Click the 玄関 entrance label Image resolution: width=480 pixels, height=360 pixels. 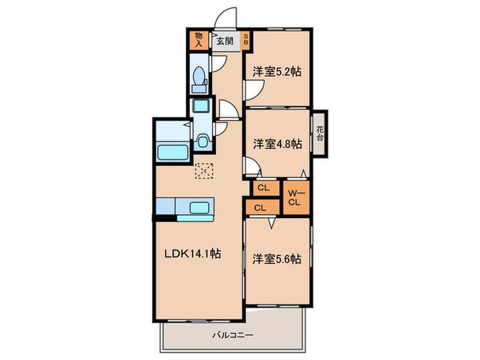225,40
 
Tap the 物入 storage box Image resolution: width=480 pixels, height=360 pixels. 199,40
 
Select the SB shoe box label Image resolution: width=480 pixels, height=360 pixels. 245,40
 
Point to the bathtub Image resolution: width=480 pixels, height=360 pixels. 172,152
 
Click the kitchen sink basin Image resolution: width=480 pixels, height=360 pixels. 200,208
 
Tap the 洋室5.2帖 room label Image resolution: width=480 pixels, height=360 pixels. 277,72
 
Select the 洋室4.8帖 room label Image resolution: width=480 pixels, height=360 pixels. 278,143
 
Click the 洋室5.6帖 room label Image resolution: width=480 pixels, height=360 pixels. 277,259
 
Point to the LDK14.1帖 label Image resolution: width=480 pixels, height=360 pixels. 193,253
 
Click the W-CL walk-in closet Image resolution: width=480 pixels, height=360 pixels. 296,197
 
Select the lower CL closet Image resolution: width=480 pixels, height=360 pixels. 263,208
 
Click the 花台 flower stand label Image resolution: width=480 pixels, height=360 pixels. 320,134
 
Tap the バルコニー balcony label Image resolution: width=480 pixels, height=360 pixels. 233,335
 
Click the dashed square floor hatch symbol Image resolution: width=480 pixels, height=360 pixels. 204,171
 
